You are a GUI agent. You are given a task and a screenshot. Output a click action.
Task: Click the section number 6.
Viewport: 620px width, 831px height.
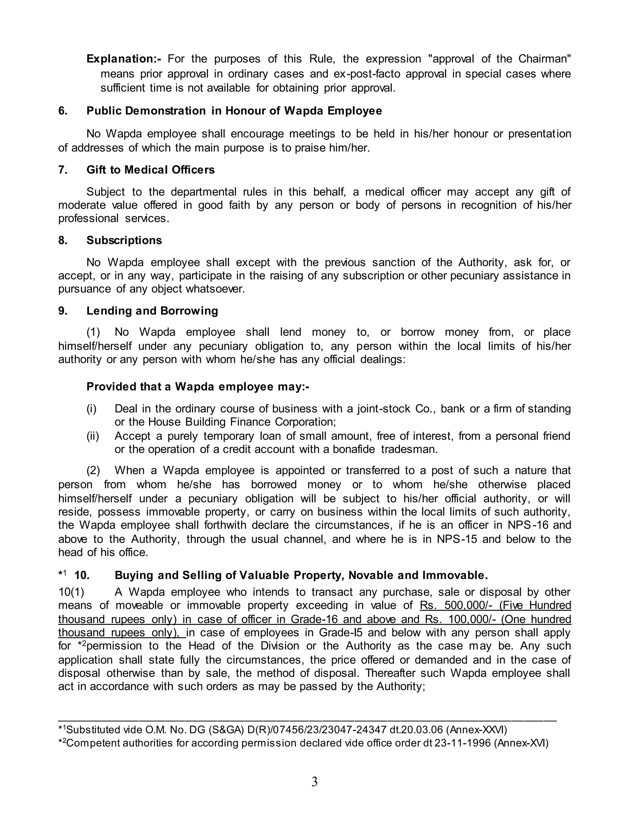(x=63, y=111)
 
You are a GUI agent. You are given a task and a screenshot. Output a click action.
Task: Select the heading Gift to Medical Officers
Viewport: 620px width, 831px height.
(x=150, y=170)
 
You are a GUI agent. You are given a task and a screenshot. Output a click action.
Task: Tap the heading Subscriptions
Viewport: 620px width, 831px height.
(x=124, y=241)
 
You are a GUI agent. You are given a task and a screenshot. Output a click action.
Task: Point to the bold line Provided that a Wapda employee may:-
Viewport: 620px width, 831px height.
(x=198, y=387)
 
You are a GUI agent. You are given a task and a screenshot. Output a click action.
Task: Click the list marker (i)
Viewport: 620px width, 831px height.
(x=91, y=409)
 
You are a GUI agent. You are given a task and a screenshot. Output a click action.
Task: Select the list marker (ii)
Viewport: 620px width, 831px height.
(x=93, y=436)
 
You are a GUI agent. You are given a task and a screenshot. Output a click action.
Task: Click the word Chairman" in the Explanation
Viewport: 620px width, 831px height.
(x=545, y=59)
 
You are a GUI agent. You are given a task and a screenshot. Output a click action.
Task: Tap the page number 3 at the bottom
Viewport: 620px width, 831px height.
(x=314, y=782)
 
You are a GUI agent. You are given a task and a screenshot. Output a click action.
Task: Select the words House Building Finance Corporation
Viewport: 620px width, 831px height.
(x=241, y=422)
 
